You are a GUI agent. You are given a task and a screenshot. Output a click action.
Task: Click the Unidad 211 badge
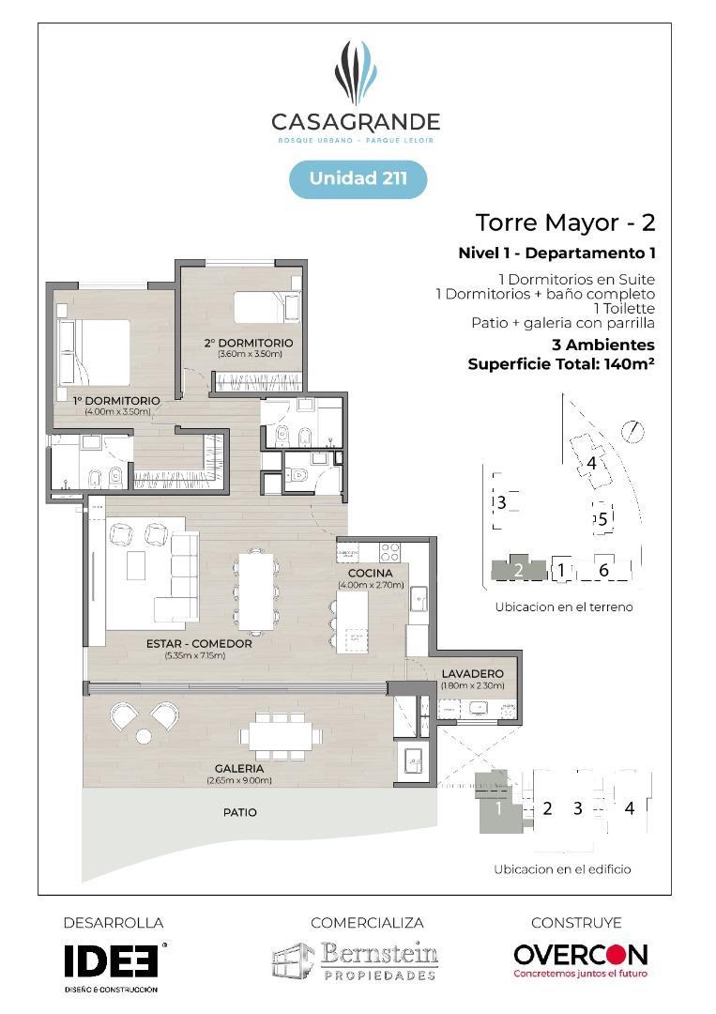tap(358, 178)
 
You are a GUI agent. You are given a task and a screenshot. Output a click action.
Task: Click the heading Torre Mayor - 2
tap(565, 223)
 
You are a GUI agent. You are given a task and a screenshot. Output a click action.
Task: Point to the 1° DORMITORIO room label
tap(116, 401)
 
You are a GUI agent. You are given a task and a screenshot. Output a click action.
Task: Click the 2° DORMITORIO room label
tap(250, 343)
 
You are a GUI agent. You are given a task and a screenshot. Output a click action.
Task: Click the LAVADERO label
tap(472, 673)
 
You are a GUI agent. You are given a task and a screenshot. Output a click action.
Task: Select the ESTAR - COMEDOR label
tap(199, 644)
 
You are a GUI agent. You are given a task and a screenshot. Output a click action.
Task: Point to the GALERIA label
tap(239, 768)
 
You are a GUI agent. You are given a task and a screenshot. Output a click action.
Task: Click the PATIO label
tap(239, 812)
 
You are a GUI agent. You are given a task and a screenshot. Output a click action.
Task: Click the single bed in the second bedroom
tap(265, 306)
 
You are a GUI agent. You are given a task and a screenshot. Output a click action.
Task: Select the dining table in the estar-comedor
tap(256, 590)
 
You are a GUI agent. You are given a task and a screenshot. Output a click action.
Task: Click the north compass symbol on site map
tap(635, 431)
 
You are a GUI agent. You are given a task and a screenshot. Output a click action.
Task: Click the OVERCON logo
tap(580, 956)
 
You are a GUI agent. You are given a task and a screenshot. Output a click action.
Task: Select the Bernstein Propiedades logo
tap(356, 960)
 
